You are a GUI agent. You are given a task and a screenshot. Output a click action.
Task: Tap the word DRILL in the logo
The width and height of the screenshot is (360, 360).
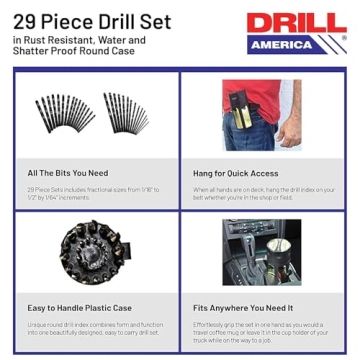pyautogui.click(x=296, y=23)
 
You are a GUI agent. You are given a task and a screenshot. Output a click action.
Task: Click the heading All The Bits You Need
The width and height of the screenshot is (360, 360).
pyautogui.click(x=69, y=173)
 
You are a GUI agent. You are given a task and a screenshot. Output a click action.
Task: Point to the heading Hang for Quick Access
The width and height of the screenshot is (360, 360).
pyautogui.click(x=237, y=173)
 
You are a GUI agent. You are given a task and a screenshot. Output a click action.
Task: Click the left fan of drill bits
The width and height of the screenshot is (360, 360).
pyautogui.click(x=63, y=115)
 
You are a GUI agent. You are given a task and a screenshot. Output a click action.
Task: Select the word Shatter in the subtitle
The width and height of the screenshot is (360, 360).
pyautogui.click(x=35, y=53)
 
